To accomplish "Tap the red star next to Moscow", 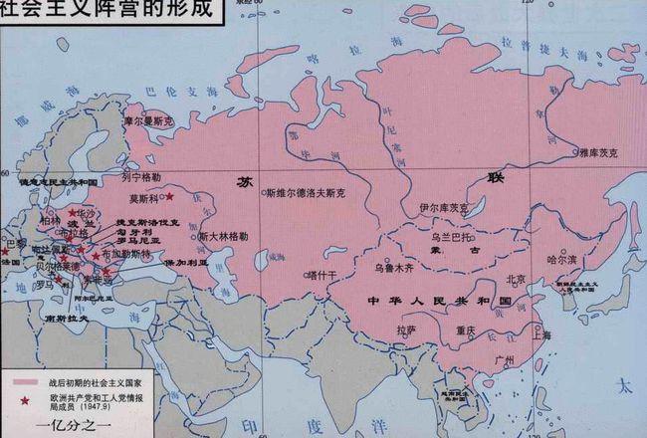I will coord(170,197).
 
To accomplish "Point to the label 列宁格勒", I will coord(140,176).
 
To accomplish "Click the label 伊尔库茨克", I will coord(443,208).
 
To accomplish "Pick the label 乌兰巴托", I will coord(453,238).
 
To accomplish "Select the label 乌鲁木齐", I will coord(393,268).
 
